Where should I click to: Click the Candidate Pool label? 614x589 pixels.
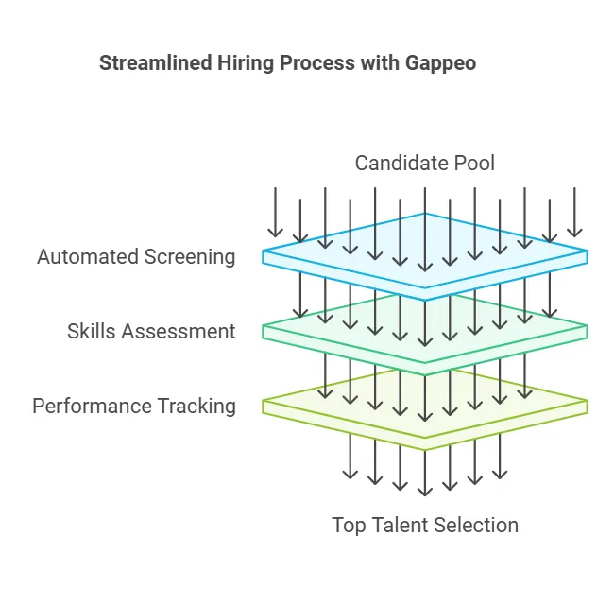click(424, 163)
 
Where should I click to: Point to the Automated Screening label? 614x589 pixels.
click(136, 256)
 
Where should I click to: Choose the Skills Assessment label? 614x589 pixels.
click(151, 331)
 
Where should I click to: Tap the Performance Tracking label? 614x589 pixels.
click(134, 406)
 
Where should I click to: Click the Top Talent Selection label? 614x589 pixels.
click(425, 525)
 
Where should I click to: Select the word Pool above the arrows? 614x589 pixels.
click(473, 163)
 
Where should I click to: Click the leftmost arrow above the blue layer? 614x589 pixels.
click(275, 212)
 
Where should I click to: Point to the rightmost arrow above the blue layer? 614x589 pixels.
click(574, 212)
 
